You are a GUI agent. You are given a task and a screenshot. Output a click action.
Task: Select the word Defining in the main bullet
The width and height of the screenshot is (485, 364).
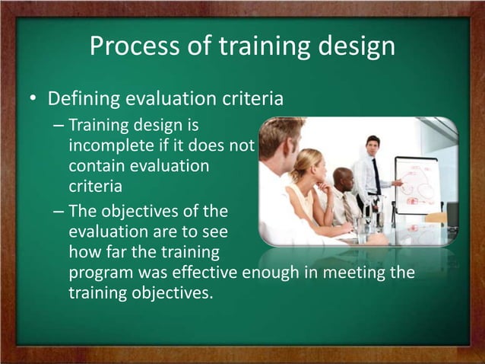pos(83,100)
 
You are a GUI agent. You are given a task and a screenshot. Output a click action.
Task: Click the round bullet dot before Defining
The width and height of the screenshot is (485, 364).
pos(33,101)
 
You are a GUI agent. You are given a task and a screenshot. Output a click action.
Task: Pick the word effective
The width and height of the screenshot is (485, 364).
pos(206,273)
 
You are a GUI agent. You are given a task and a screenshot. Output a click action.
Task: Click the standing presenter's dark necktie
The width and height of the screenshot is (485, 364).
pos(376,177)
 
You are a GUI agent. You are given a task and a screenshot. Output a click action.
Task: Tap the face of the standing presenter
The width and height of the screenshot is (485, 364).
pos(372,145)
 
